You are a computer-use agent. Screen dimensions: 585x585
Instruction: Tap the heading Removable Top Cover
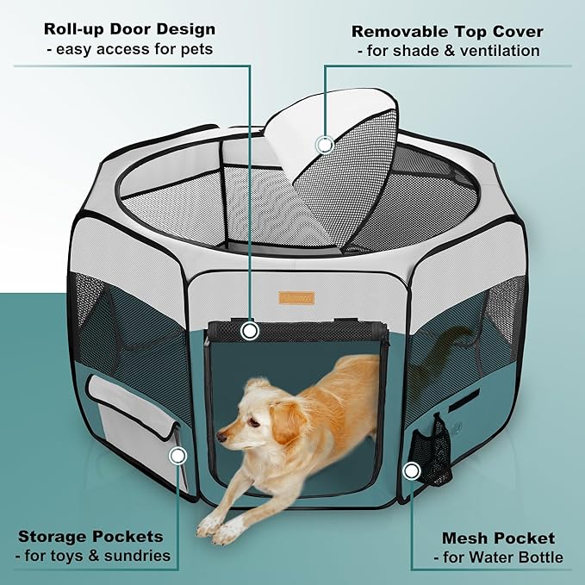coord(447,32)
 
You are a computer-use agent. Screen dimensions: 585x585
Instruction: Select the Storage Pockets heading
coord(90,536)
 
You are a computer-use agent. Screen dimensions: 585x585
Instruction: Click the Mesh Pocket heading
coord(499,538)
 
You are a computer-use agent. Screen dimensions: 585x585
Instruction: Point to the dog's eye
coord(252,421)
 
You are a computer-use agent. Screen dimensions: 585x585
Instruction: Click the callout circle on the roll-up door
coord(250,330)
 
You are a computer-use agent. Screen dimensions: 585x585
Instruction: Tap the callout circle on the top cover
coord(325,144)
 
